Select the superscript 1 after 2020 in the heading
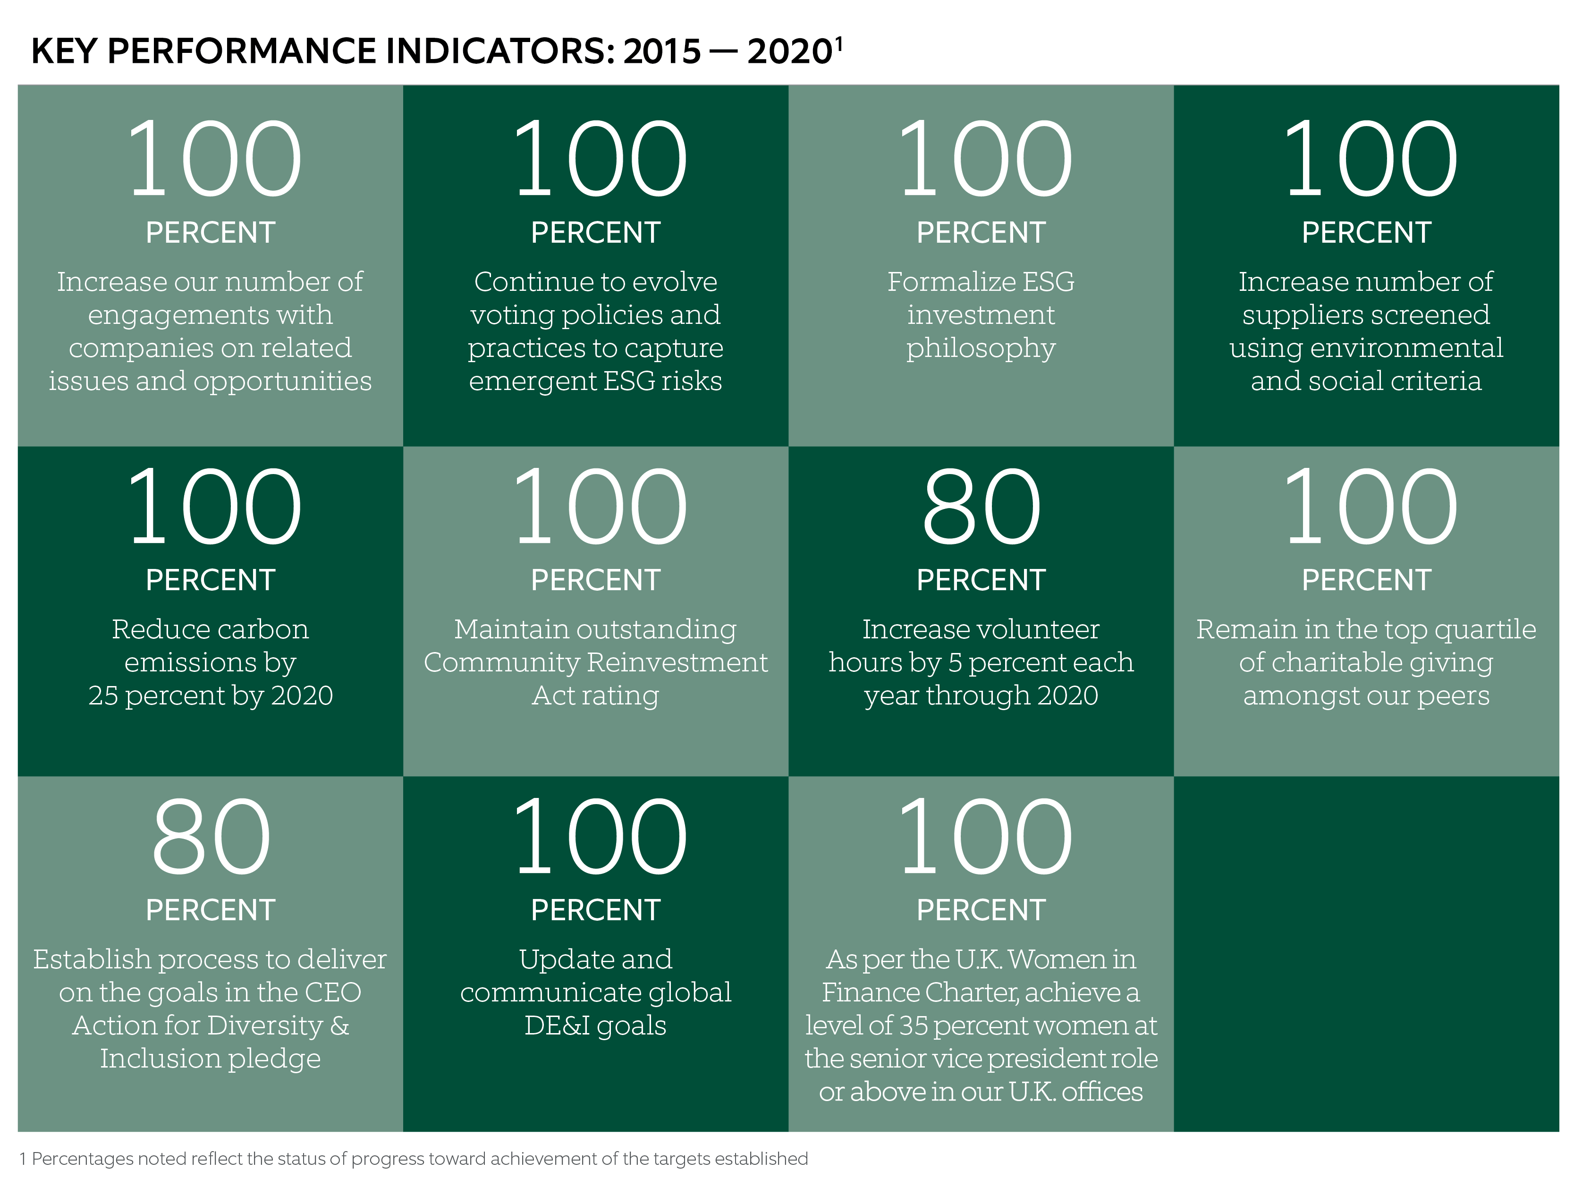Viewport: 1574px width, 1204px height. coord(839,44)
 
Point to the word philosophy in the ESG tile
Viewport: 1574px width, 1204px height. coord(980,349)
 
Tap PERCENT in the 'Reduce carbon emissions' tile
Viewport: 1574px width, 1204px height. coord(210,580)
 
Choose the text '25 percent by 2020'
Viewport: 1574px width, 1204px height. coord(211,695)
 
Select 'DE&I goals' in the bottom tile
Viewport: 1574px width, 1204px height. coord(595,1026)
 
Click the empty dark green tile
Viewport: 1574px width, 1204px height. coord(1365,953)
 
